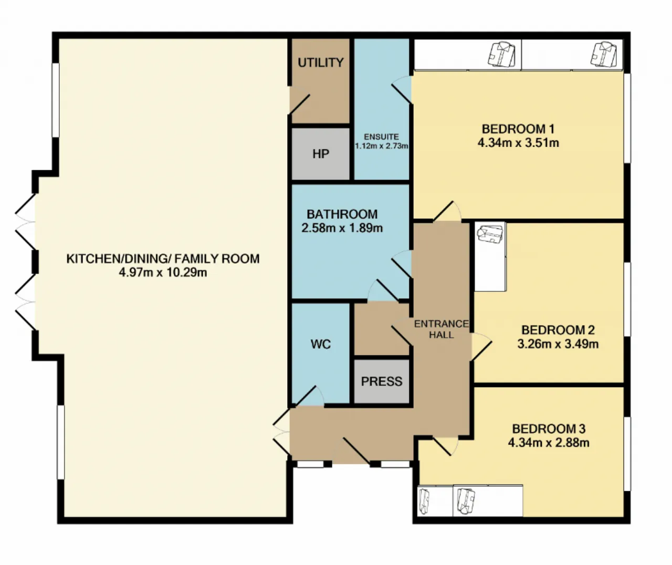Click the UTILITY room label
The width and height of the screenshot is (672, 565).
pyautogui.click(x=321, y=62)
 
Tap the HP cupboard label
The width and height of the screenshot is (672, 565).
pyautogui.click(x=321, y=154)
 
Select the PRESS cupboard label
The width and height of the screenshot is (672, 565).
pyautogui.click(x=382, y=382)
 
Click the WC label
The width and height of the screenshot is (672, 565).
pyautogui.click(x=321, y=344)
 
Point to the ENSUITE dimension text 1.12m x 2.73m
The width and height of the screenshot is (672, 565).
pyautogui.click(x=381, y=146)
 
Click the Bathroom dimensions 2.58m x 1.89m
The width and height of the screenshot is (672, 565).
pyautogui.click(x=342, y=228)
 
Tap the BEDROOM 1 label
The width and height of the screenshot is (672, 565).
pyautogui.click(x=518, y=129)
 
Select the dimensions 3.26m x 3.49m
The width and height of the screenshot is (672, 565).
pyautogui.click(x=558, y=344)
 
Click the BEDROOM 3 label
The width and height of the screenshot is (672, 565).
pyautogui.click(x=549, y=429)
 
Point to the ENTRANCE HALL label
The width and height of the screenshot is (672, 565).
pyautogui.click(x=441, y=329)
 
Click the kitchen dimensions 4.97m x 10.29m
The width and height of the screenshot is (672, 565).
pyautogui.click(x=163, y=273)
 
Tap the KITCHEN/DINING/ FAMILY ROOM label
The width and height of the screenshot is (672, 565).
pyautogui.click(x=163, y=259)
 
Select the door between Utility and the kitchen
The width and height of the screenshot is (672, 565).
pyautogui.click(x=299, y=103)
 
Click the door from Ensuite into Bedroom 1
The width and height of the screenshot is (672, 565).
pyautogui.click(x=402, y=90)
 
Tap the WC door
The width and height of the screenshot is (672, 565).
pyautogui.click(x=307, y=396)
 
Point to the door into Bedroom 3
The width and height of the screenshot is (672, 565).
pyautogui.click(x=445, y=446)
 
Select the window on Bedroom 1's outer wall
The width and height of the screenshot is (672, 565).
pyautogui.click(x=627, y=118)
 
